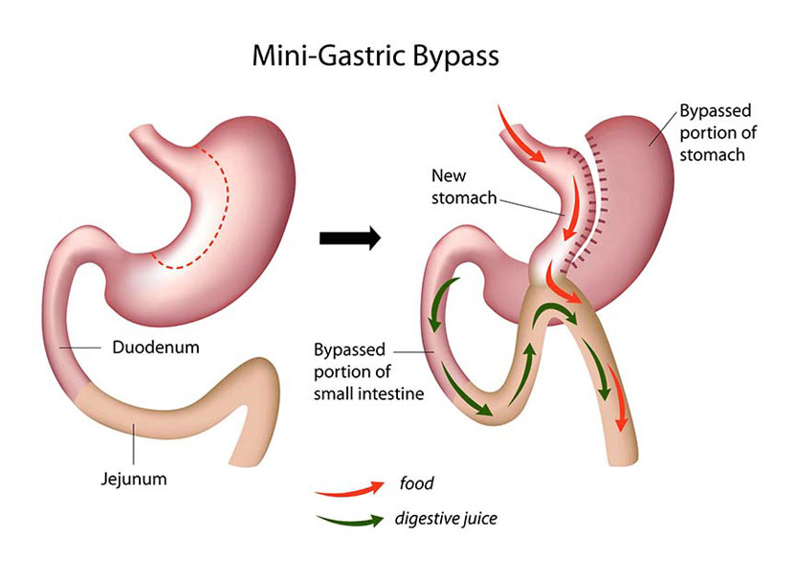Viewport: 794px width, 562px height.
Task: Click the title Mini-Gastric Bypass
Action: point(375,56)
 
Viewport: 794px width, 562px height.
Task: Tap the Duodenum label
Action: point(156,348)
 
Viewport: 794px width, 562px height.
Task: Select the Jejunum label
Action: point(134,479)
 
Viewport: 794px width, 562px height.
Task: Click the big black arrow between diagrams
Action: point(350,237)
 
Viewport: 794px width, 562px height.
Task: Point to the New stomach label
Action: point(463,187)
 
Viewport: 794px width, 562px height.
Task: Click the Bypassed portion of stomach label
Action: point(717,133)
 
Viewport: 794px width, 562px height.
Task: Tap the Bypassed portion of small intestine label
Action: point(368,371)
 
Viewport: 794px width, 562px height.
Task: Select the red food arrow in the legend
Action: point(349,488)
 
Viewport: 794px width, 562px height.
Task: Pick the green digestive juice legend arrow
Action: point(350,521)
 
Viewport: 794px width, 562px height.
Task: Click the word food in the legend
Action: point(416,483)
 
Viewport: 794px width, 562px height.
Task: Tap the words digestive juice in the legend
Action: point(446,518)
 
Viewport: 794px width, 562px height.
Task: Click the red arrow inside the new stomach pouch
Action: point(571,208)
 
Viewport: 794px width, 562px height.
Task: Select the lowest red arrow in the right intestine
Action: point(618,398)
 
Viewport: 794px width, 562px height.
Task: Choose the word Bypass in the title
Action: point(455,56)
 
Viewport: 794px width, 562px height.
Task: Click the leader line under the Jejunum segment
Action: point(134,444)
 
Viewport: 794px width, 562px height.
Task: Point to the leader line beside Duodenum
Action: point(80,348)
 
